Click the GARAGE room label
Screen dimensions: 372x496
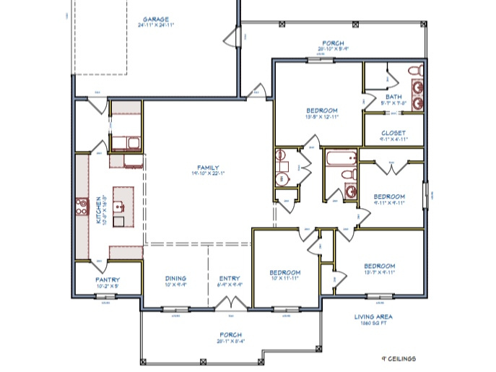tap(155, 20)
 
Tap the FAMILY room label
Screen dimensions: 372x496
tap(209, 168)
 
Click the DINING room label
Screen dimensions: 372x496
tap(175, 278)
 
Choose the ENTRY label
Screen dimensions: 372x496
tap(229, 278)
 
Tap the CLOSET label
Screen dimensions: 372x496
tap(394, 134)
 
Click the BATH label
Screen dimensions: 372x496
tap(393, 97)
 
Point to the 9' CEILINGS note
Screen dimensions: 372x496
tap(399, 358)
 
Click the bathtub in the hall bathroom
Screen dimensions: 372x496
tap(340, 158)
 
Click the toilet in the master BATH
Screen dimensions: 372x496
tap(414, 71)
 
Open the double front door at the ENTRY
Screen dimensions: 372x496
tap(230, 308)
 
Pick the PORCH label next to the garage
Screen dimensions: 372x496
tap(334, 43)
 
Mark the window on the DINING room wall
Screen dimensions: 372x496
tap(173, 310)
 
